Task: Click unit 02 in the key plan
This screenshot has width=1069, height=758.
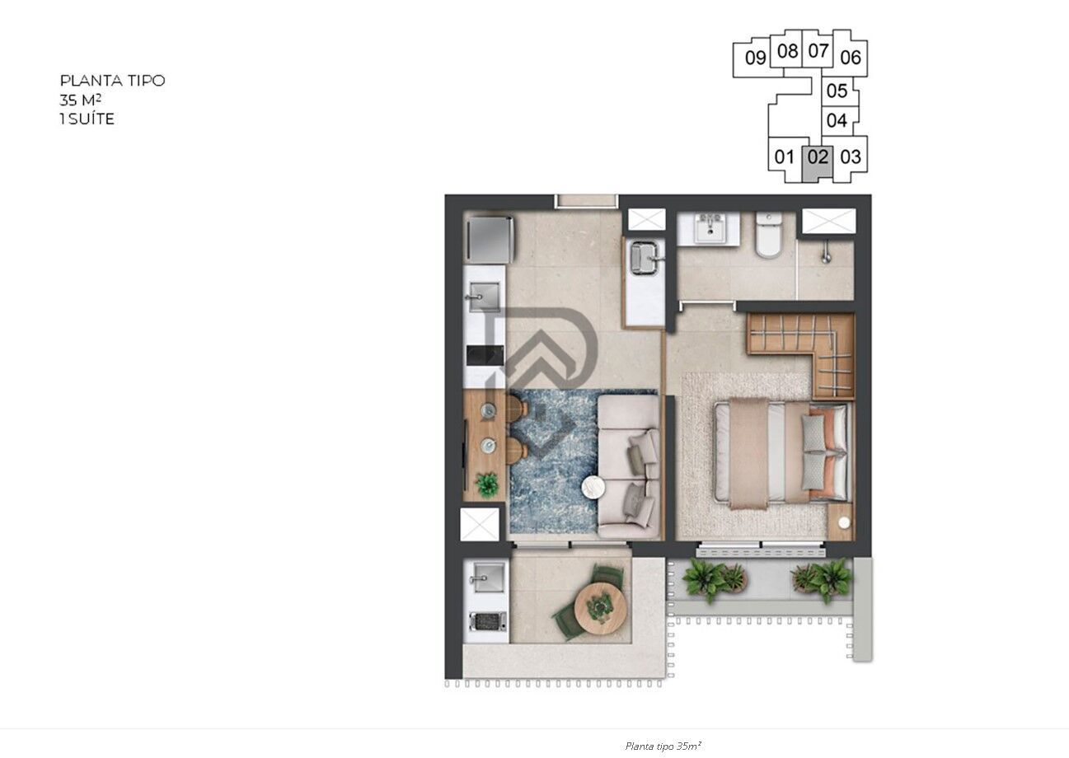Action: point(818,157)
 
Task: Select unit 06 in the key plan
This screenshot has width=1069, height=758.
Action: point(851,58)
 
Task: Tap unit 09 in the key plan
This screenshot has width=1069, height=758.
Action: point(755,58)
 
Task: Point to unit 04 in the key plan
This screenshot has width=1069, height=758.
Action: point(837,120)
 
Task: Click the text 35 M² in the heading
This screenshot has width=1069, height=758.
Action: point(81,100)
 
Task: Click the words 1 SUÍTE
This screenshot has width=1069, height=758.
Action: point(87,119)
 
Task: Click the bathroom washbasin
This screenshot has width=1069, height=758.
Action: point(708,228)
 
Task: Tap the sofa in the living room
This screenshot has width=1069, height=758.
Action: point(629,466)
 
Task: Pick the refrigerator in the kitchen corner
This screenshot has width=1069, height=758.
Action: point(489,239)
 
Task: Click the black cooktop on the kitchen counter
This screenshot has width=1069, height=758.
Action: point(484,355)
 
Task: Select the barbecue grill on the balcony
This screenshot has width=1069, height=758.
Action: point(487,622)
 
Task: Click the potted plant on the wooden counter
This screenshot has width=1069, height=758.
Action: point(487,484)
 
